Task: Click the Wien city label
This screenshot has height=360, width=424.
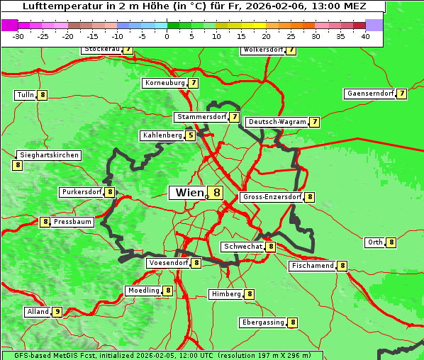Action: (188, 193)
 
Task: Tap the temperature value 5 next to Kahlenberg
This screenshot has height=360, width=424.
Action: (190, 135)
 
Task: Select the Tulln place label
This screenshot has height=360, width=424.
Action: (26, 95)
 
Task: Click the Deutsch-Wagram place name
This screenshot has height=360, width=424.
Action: (277, 122)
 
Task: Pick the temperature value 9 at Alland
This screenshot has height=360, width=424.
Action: (57, 312)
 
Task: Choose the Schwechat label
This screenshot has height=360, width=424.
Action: (242, 247)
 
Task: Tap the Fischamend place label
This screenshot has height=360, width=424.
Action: (312, 266)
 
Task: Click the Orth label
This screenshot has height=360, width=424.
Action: (374, 242)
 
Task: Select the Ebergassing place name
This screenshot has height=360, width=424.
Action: (263, 322)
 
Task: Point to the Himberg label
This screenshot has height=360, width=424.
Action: (226, 294)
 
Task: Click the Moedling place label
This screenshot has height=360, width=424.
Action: (143, 291)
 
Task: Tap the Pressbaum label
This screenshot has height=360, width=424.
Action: (72, 222)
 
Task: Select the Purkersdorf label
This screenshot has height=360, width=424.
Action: (81, 192)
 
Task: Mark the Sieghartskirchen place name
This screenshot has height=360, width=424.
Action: (49, 155)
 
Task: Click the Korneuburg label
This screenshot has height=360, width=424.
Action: (164, 83)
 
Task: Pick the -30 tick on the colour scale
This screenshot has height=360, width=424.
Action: (18, 36)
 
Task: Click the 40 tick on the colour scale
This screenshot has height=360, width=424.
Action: (365, 36)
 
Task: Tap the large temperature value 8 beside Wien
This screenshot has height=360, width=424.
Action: (216, 193)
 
